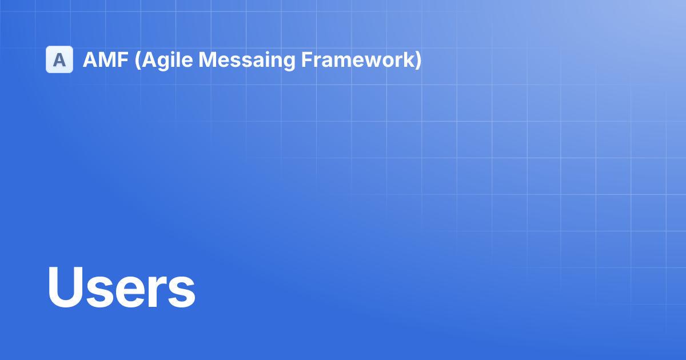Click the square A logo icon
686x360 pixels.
point(59,59)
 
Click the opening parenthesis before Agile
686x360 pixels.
point(137,59)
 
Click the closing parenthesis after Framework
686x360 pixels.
point(418,59)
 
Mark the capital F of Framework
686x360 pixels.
point(306,59)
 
